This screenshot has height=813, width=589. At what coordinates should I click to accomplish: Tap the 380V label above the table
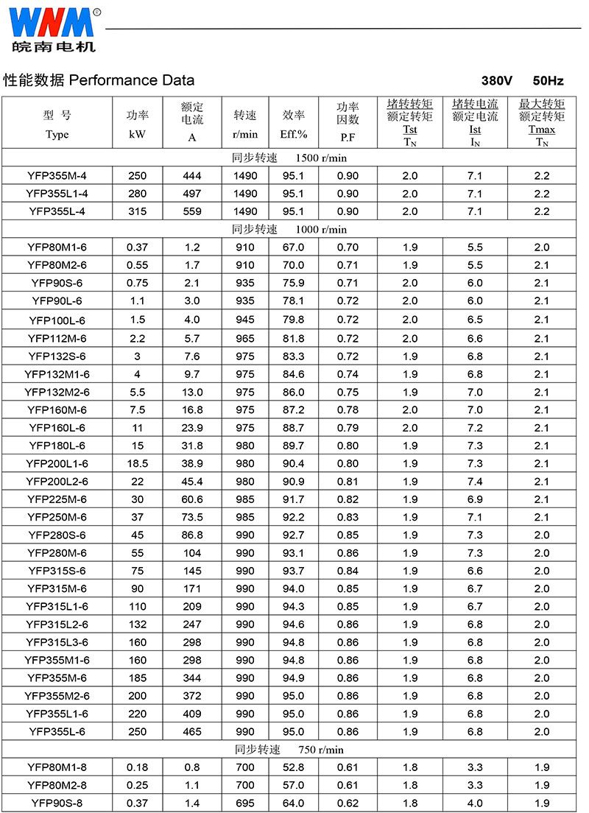(x=496, y=80)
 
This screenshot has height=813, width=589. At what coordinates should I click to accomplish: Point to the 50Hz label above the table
(x=548, y=80)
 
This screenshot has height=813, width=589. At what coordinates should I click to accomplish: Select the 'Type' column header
(x=57, y=134)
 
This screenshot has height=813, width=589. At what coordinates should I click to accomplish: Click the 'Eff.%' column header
(x=294, y=134)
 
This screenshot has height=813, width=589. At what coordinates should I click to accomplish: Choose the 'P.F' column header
(x=348, y=137)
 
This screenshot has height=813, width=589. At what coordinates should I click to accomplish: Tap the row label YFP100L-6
(x=57, y=320)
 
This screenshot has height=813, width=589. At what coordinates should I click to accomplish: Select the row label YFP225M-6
(x=57, y=499)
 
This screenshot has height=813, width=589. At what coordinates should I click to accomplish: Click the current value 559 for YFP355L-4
(x=192, y=211)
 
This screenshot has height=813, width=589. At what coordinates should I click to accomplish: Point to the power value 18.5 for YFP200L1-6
(x=137, y=463)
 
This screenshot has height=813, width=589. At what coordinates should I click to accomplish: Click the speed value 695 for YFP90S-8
(x=245, y=803)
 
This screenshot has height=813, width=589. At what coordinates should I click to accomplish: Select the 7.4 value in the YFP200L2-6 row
(x=475, y=482)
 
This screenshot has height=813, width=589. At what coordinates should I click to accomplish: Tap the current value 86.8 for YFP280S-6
(x=192, y=535)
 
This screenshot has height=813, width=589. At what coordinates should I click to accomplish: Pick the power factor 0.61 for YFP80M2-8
(x=348, y=785)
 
